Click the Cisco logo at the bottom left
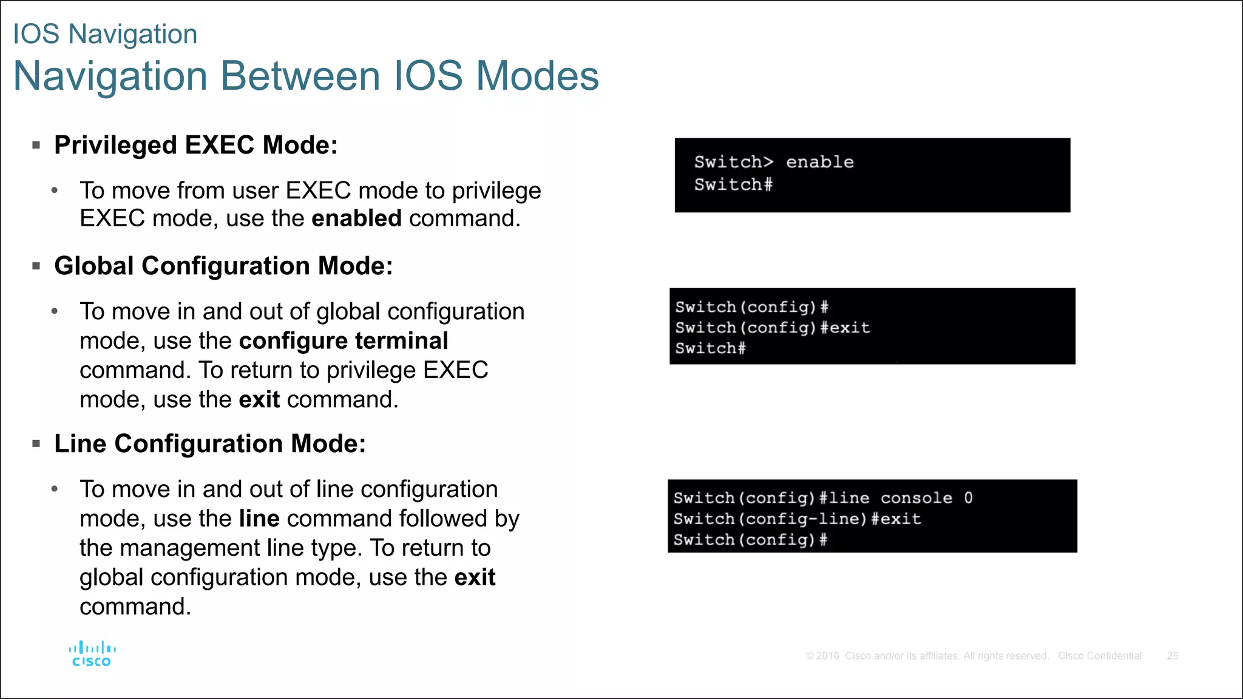click(x=92, y=654)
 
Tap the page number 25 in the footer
click(x=1172, y=656)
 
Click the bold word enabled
click(x=356, y=218)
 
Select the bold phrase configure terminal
click(x=344, y=341)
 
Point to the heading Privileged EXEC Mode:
click(x=195, y=146)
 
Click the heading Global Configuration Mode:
click(x=223, y=266)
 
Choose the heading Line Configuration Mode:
click(x=210, y=444)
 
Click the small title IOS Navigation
click(x=105, y=34)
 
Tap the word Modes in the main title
click(x=537, y=76)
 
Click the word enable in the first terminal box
click(x=819, y=162)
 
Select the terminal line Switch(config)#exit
click(x=772, y=328)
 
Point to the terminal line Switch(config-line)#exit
click(x=796, y=519)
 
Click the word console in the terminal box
click(x=916, y=498)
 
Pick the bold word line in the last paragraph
click(x=259, y=519)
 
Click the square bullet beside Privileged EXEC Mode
click(x=36, y=146)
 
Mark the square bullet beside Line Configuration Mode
click(x=36, y=444)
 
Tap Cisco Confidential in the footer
click(x=1099, y=656)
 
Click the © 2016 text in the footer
click(x=822, y=656)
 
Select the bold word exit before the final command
click(x=475, y=578)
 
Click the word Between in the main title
click(x=301, y=76)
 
